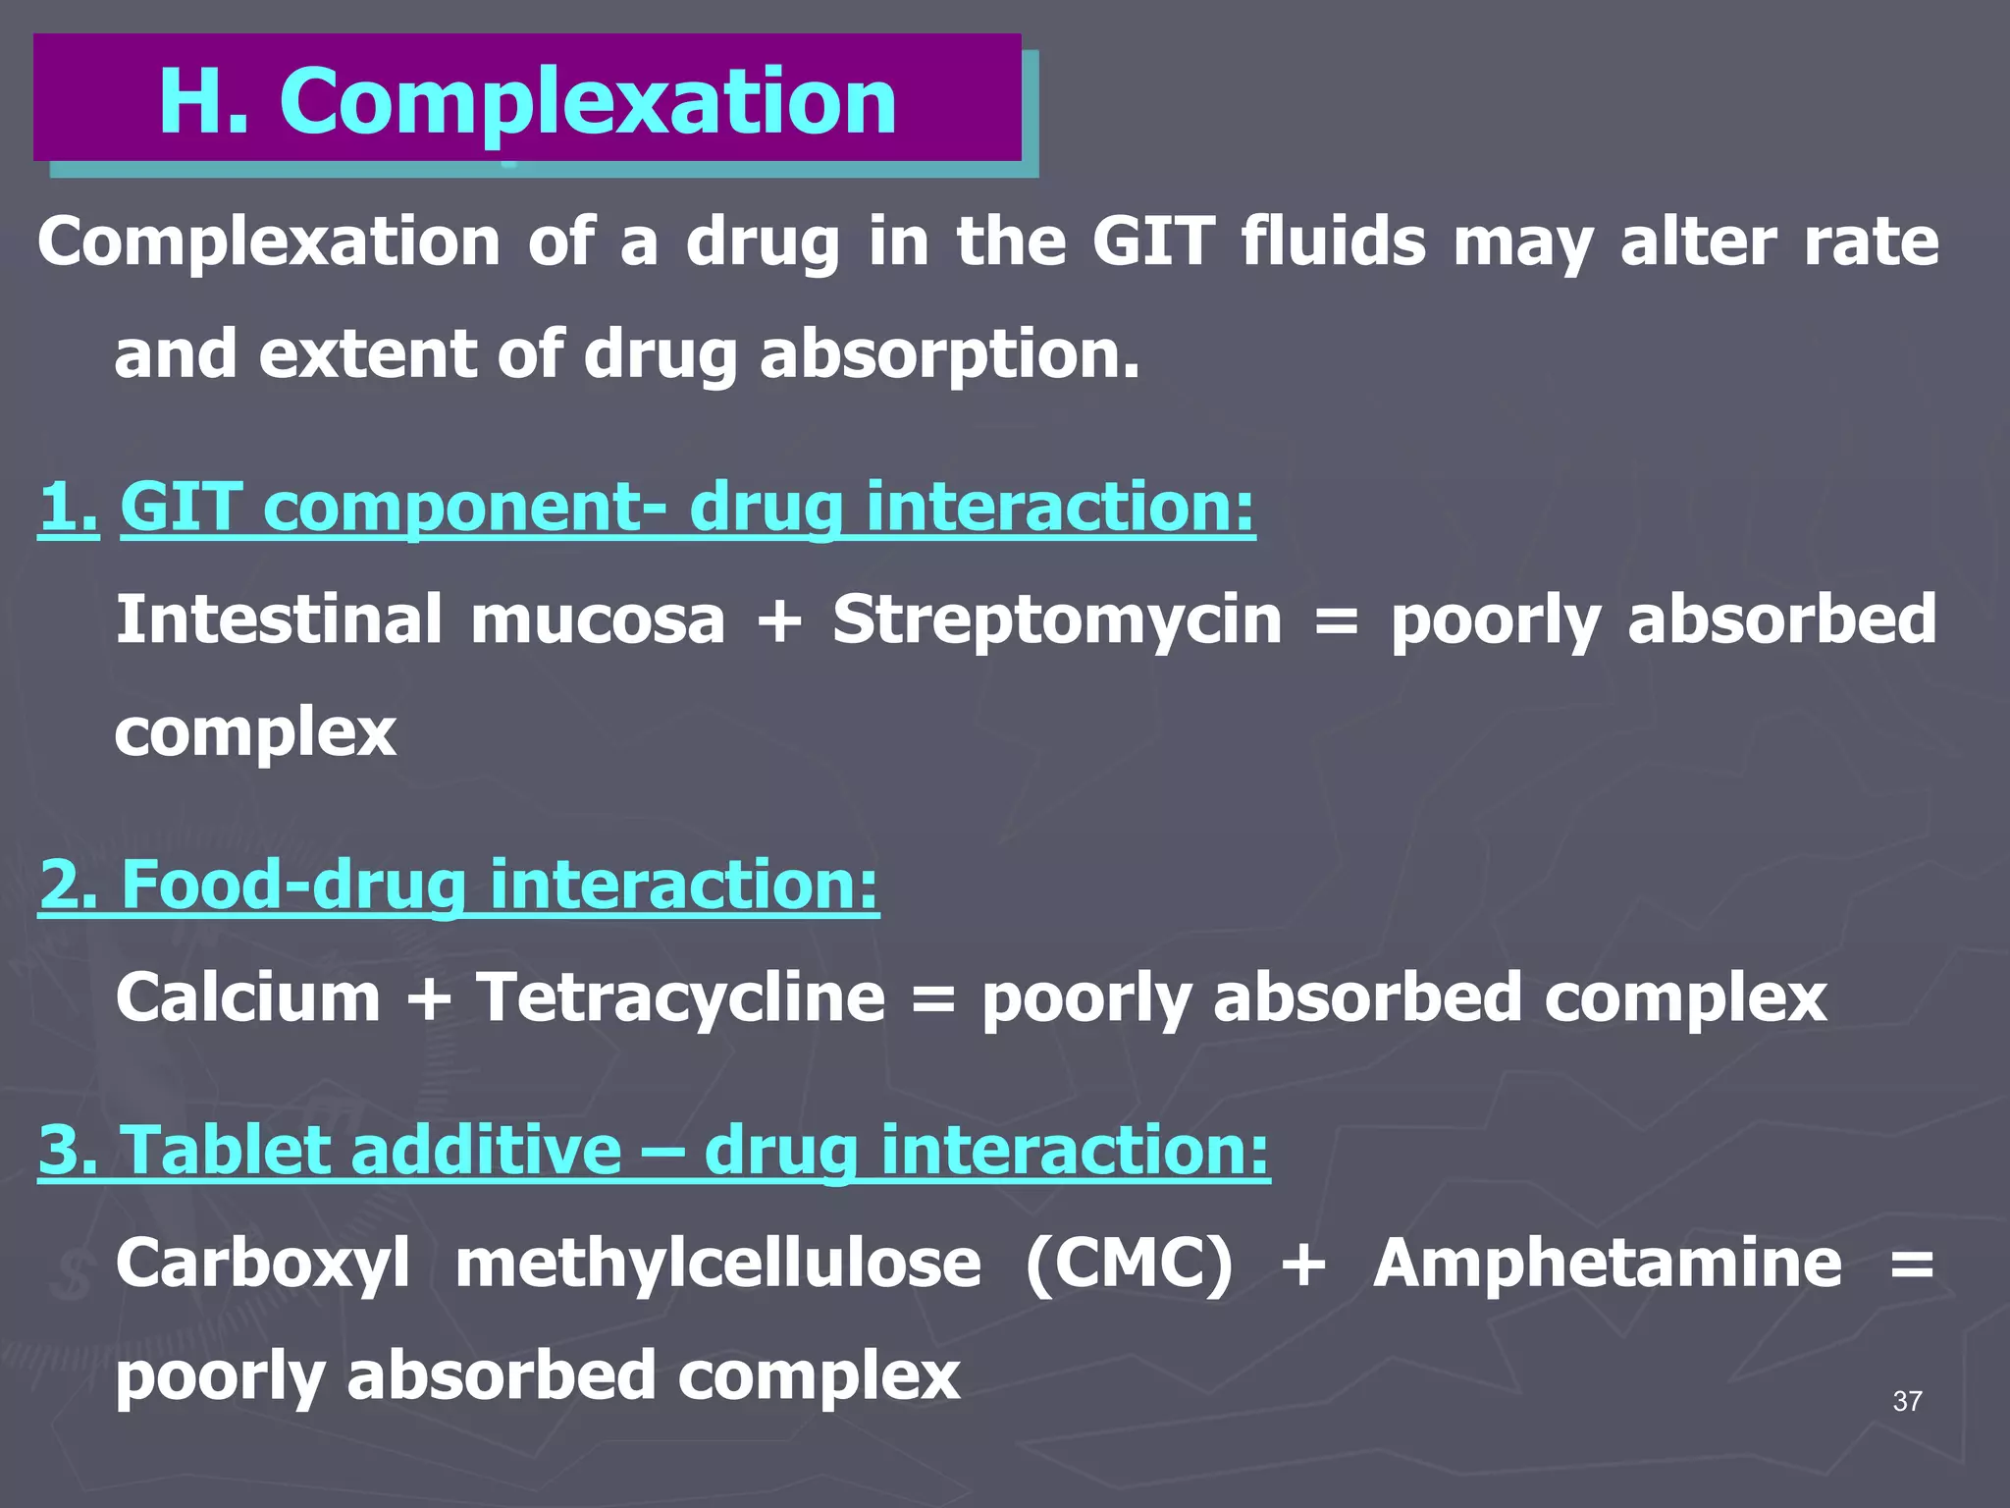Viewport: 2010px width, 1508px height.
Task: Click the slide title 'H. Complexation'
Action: (x=527, y=100)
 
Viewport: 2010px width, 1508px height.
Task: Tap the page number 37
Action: (x=1907, y=1401)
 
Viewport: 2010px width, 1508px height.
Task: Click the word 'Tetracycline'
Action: (x=680, y=998)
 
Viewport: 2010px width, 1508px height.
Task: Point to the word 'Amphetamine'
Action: (x=1607, y=1264)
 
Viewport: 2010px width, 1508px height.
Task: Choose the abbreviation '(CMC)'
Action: (x=1129, y=1264)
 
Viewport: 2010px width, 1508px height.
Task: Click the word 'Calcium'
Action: (x=247, y=998)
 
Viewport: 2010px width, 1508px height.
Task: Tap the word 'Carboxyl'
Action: (x=262, y=1264)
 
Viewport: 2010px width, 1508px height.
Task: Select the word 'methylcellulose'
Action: (x=717, y=1264)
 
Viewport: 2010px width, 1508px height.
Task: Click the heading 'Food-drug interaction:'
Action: (x=500, y=885)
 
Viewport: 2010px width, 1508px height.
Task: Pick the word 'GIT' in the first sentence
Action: (x=1152, y=242)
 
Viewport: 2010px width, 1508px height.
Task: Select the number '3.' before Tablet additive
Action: (x=68, y=1150)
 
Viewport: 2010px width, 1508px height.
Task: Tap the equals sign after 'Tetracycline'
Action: (x=932, y=998)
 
